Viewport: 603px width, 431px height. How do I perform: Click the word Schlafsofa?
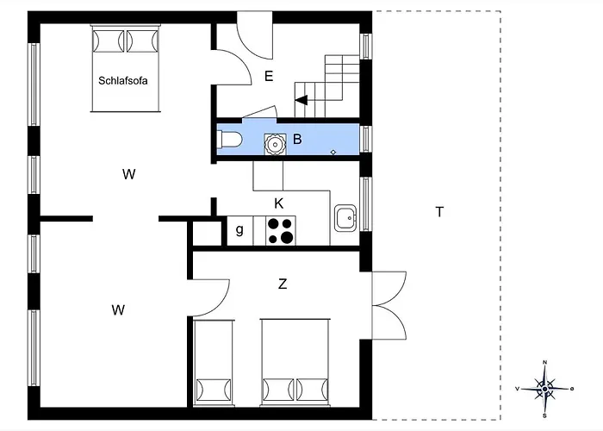123,81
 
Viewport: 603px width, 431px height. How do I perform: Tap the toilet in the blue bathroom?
229,140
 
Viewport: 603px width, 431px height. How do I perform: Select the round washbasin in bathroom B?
275,144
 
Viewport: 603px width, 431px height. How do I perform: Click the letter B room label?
297,139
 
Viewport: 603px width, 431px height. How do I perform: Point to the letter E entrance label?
269,76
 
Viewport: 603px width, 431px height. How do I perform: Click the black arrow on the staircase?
301,100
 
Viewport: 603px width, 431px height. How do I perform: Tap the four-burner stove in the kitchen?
280,230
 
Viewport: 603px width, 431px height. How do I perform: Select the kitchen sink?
345,218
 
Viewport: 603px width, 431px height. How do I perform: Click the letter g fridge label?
239,230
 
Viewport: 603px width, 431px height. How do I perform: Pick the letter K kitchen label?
279,203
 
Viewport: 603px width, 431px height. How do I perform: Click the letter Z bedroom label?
283,284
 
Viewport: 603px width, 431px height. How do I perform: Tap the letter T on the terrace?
439,212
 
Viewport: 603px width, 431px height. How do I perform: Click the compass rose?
545,389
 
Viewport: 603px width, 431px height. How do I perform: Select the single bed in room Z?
214,362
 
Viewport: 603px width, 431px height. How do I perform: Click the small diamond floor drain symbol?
333,153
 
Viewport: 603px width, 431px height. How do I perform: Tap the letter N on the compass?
545,363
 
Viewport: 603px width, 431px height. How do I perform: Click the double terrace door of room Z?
389,305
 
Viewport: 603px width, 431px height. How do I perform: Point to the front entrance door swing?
255,35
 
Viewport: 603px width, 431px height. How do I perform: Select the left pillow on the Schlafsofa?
108,41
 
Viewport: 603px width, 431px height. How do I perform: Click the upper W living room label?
129,174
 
